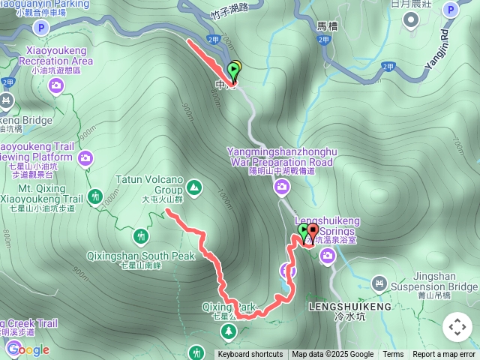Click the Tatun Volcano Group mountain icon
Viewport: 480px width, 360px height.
(194, 187)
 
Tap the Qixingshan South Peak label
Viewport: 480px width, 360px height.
(140, 256)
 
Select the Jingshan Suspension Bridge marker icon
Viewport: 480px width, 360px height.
(380, 283)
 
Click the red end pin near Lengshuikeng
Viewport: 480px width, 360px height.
(313, 232)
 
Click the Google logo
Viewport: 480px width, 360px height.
(28, 349)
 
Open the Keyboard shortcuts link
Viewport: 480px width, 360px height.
(250, 355)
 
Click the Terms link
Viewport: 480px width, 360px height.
(393, 355)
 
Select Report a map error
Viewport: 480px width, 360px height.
(444, 355)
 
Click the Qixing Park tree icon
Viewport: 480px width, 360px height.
(229, 331)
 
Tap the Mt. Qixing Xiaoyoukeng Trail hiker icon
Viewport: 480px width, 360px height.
(95, 197)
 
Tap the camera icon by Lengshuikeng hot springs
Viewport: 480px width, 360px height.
(328, 257)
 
